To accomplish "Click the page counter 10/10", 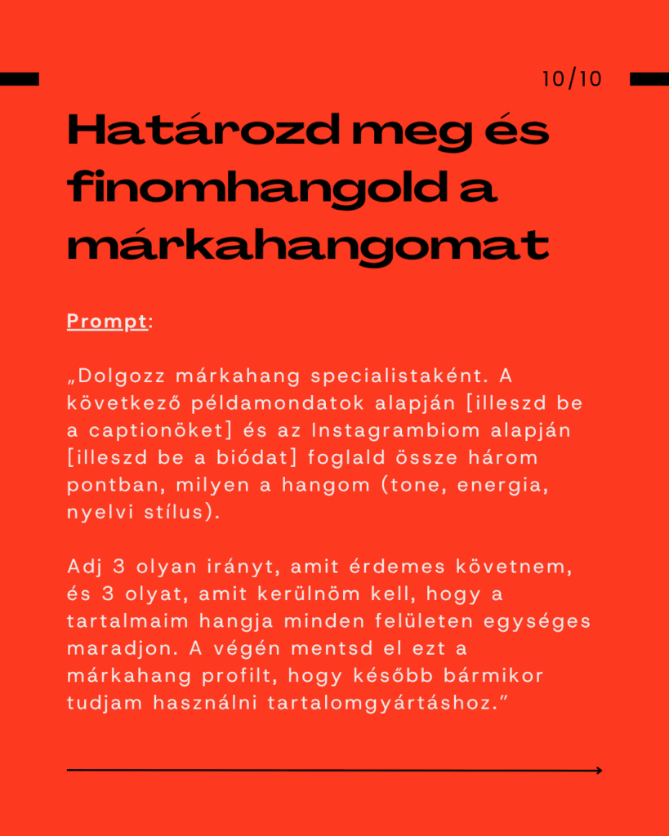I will pos(572,79).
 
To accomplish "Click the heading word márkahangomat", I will pos(307,246).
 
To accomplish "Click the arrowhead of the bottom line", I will pos(599,770).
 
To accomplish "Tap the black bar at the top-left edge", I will pos(19,79).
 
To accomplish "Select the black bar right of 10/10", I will pos(649,79).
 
